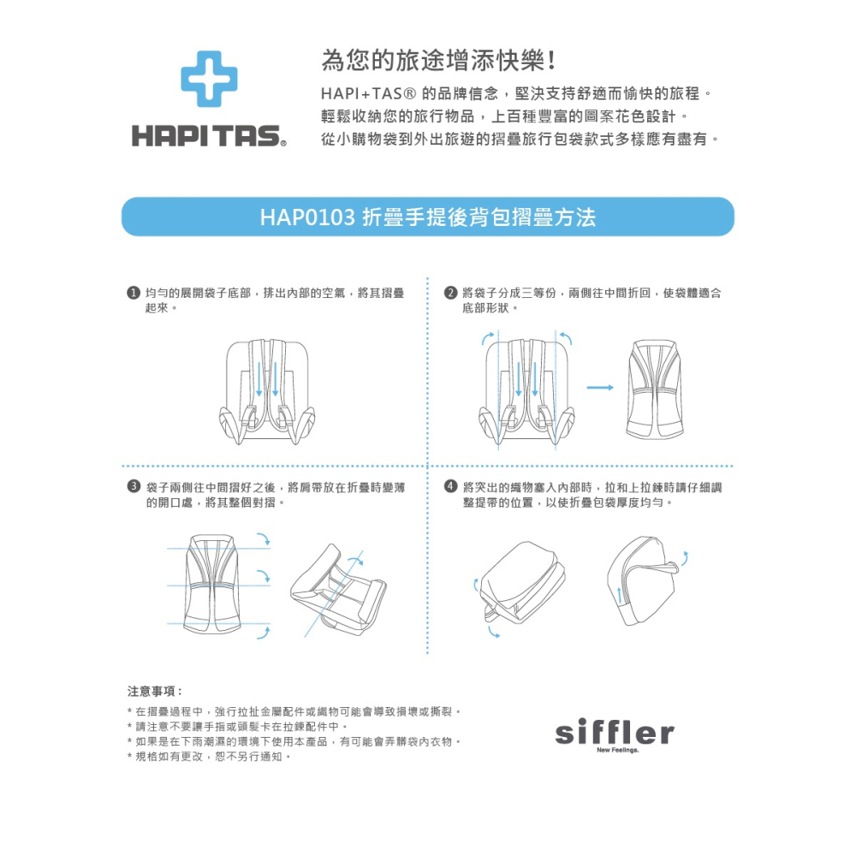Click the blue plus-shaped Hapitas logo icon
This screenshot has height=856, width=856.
tap(208, 79)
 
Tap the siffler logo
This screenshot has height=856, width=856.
tap(614, 732)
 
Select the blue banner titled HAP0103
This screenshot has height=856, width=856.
tap(428, 217)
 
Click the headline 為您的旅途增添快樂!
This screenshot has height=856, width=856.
tap(440, 61)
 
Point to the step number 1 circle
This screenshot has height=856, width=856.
tap(134, 294)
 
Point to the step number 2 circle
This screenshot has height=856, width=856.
tap(450, 294)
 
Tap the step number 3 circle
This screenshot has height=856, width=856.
tap(134, 487)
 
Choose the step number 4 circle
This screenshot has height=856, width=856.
tap(450, 487)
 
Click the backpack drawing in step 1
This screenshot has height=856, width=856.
tap(267, 389)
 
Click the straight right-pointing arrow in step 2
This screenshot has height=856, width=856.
tap(600, 388)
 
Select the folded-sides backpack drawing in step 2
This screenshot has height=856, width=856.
tap(656, 389)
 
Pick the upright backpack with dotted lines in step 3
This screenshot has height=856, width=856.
tap(213, 583)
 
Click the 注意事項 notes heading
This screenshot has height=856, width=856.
tap(154, 690)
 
